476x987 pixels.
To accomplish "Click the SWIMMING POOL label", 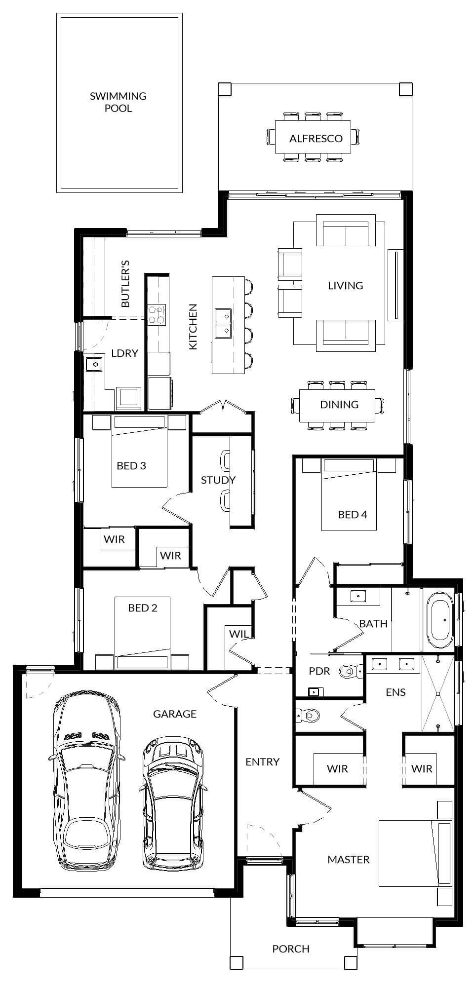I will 118,102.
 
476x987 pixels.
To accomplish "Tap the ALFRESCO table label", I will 316,138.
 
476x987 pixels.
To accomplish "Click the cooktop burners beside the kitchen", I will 157,314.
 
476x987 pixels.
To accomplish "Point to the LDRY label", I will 124,353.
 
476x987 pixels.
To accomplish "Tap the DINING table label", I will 339,405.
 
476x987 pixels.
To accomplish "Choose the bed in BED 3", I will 140,452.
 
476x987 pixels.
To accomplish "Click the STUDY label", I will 218,480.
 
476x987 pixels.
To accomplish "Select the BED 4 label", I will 352,514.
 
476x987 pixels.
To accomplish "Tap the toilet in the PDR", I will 350,671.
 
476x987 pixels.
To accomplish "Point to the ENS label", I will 396,692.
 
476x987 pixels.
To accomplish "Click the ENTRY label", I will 262,762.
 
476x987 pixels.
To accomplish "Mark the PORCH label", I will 291,949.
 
